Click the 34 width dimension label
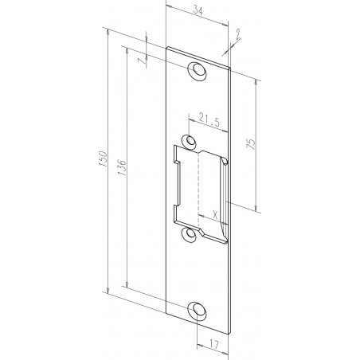(x=198, y=11)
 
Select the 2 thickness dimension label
(x=238, y=33)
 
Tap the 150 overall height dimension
(x=103, y=158)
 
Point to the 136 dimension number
(x=122, y=167)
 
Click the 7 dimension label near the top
(x=142, y=61)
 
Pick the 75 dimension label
(x=251, y=143)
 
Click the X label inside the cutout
(x=215, y=213)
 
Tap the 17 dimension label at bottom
(x=214, y=344)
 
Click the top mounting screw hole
(x=197, y=71)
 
